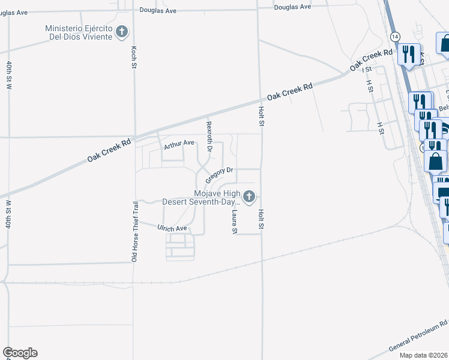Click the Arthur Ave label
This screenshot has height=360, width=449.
pyautogui.click(x=180, y=143)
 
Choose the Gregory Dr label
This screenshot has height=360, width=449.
pyautogui.click(x=218, y=175)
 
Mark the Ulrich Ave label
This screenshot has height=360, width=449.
pyautogui.click(x=172, y=229)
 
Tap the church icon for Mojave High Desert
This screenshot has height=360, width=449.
pyautogui.click(x=249, y=196)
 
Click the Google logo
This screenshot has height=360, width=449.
pyautogui.click(x=20, y=353)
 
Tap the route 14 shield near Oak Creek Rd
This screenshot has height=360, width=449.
pyautogui.click(x=394, y=37)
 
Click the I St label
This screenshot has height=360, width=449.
pyautogui.click(x=367, y=70)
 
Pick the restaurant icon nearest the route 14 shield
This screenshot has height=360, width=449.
pyautogui.click(x=409, y=55)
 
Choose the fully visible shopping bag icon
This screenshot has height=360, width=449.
pyautogui.click(x=436, y=161)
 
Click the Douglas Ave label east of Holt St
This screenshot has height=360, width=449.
pyautogui.click(x=292, y=7)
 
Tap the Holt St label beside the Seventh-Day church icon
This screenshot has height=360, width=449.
pyautogui.click(x=261, y=214)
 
